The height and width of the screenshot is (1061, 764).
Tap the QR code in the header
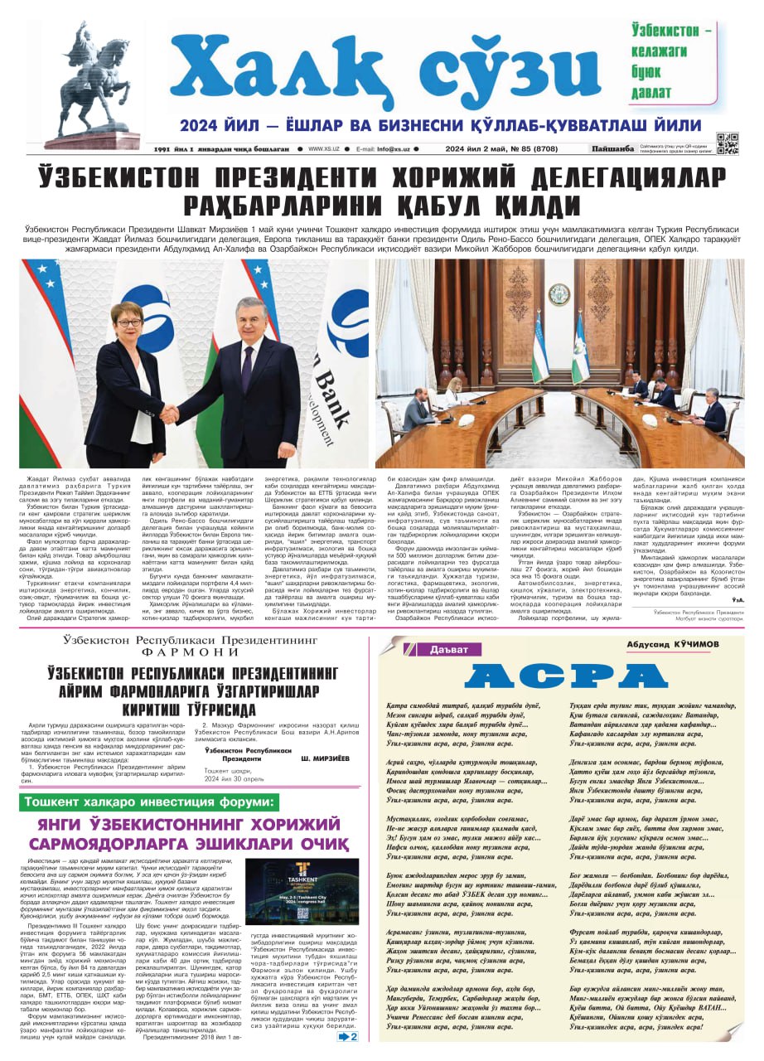(x=727, y=143)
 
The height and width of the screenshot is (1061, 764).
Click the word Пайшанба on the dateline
(x=612, y=149)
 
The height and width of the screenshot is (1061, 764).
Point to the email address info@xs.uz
(x=395, y=149)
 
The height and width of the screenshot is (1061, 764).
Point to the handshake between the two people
(x=169, y=411)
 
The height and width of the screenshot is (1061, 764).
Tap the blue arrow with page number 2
(x=348, y=1036)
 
